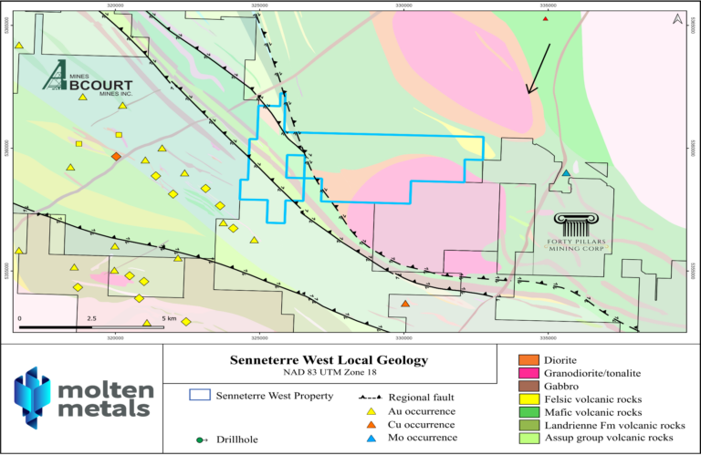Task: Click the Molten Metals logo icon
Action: (x=37, y=398)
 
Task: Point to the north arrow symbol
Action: (x=675, y=18)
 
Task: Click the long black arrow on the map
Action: (x=539, y=67)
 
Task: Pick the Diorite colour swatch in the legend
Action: (x=527, y=360)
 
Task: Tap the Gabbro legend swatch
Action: (x=527, y=386)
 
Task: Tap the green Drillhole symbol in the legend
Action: (x=199, y=440)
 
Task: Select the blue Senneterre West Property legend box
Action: (x=199, y=396)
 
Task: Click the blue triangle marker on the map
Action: (x=566, y=173)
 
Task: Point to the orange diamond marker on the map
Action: (x=116, y=157)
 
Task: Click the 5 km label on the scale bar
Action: (x=169, y=318)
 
